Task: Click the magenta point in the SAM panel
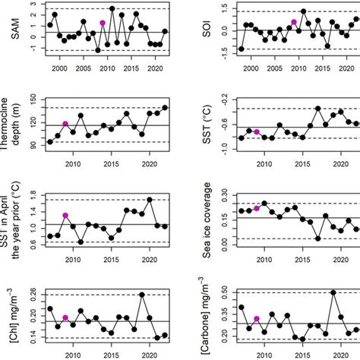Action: point(102,23)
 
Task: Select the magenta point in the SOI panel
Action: point(293,23)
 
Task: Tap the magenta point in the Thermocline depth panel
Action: point(65,124)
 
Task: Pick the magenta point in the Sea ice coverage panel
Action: point(256,208)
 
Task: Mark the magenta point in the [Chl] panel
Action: point(65,317)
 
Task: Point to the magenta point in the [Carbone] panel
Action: point(256,319)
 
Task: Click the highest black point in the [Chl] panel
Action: point(141,295)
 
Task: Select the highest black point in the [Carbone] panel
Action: point(333,292)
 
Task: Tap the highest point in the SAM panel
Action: point(112,8)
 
